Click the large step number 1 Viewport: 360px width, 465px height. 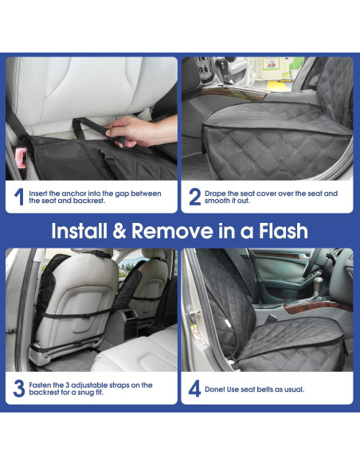[18, 197]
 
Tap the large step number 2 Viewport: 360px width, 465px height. [196, 197]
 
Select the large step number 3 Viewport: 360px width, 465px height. [18, 389]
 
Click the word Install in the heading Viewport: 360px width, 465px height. [81, 232]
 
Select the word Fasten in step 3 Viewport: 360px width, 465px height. [42, 385]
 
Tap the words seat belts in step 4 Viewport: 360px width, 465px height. [268, 389]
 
